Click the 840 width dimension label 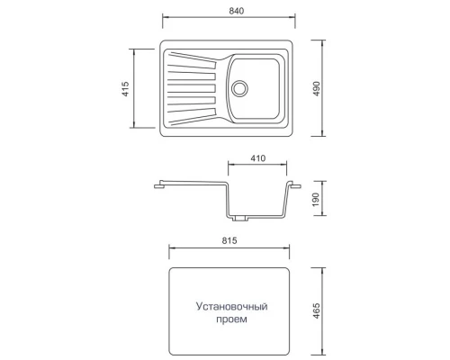tap(230, 10)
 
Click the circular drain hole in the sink tap(239, 88)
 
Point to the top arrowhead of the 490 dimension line tap(323, 41)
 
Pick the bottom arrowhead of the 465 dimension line tap(322, 352)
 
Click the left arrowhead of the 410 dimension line tap(229, 166)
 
